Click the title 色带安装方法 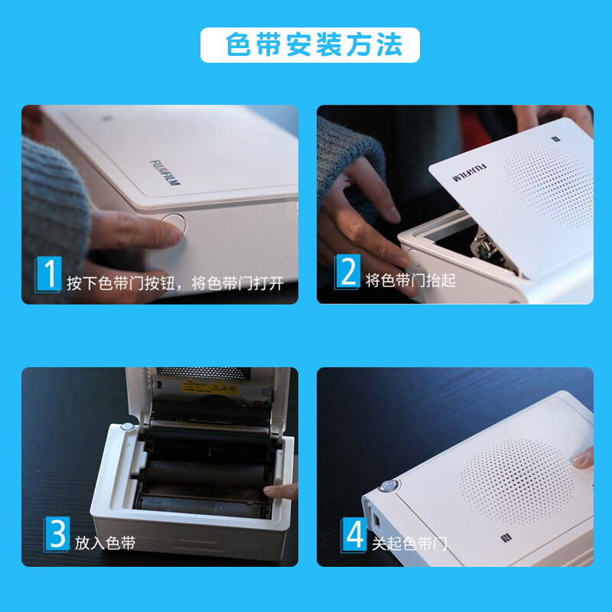314,44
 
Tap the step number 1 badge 48,274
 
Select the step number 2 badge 347,272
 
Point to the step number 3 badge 57,533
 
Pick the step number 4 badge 353,535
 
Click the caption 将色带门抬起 411,280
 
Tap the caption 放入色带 105,543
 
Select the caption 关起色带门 409,544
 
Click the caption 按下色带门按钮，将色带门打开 175,283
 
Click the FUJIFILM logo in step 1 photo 165,172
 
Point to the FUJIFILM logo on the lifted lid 469,172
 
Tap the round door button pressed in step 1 174,223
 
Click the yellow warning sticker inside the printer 210,388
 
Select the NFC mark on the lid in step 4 506,539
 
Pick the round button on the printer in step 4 389,486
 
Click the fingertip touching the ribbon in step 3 270,491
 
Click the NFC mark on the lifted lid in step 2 556,139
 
